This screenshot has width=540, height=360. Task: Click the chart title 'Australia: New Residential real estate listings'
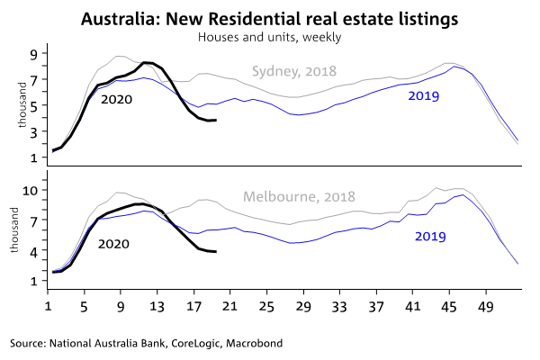click(x=270, y=19)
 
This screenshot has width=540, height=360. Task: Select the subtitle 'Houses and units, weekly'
click(x=270, y=37)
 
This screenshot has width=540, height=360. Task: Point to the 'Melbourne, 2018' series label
click(x=299, y=195)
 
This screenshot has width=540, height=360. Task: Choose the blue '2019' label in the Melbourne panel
click(x=432, y=236)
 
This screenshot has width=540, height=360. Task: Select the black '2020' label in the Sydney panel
click(x=116, y=99)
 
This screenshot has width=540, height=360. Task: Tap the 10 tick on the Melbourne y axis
click(x=29, y=190)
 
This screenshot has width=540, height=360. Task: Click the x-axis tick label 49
click(x=486, y=306)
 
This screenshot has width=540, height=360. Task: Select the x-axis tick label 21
click(x=230, y=306)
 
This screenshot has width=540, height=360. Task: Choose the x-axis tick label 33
click(x=340, y=306)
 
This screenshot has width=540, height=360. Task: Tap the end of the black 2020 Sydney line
click(x=214, y=120)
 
